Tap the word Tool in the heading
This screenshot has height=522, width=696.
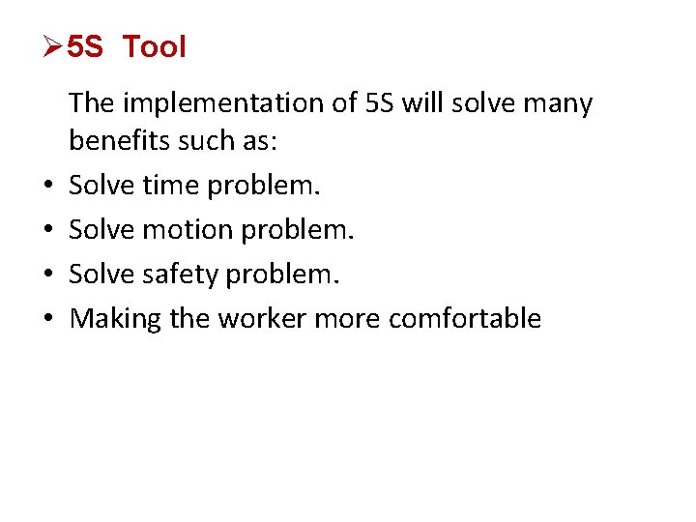click(155, 46)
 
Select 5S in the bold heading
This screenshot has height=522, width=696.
click(85, 46)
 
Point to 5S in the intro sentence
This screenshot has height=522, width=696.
click(381, 102)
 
